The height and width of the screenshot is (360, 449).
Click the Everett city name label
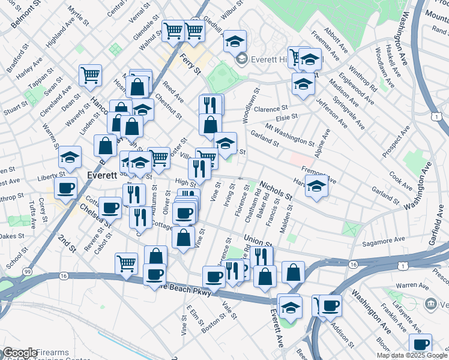coord(105,175)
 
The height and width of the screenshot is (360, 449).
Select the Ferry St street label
coord(190,64)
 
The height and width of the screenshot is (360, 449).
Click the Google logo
coord(20,353)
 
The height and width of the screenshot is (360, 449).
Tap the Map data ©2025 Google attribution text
coord(412,355)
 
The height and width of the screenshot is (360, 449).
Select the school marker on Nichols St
coord(316,186)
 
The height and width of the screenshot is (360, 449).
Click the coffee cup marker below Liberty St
coord(65,188)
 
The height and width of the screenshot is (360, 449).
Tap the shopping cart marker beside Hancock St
coord(90,76)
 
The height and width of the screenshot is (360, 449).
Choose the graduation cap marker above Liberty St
coord(70,157)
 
